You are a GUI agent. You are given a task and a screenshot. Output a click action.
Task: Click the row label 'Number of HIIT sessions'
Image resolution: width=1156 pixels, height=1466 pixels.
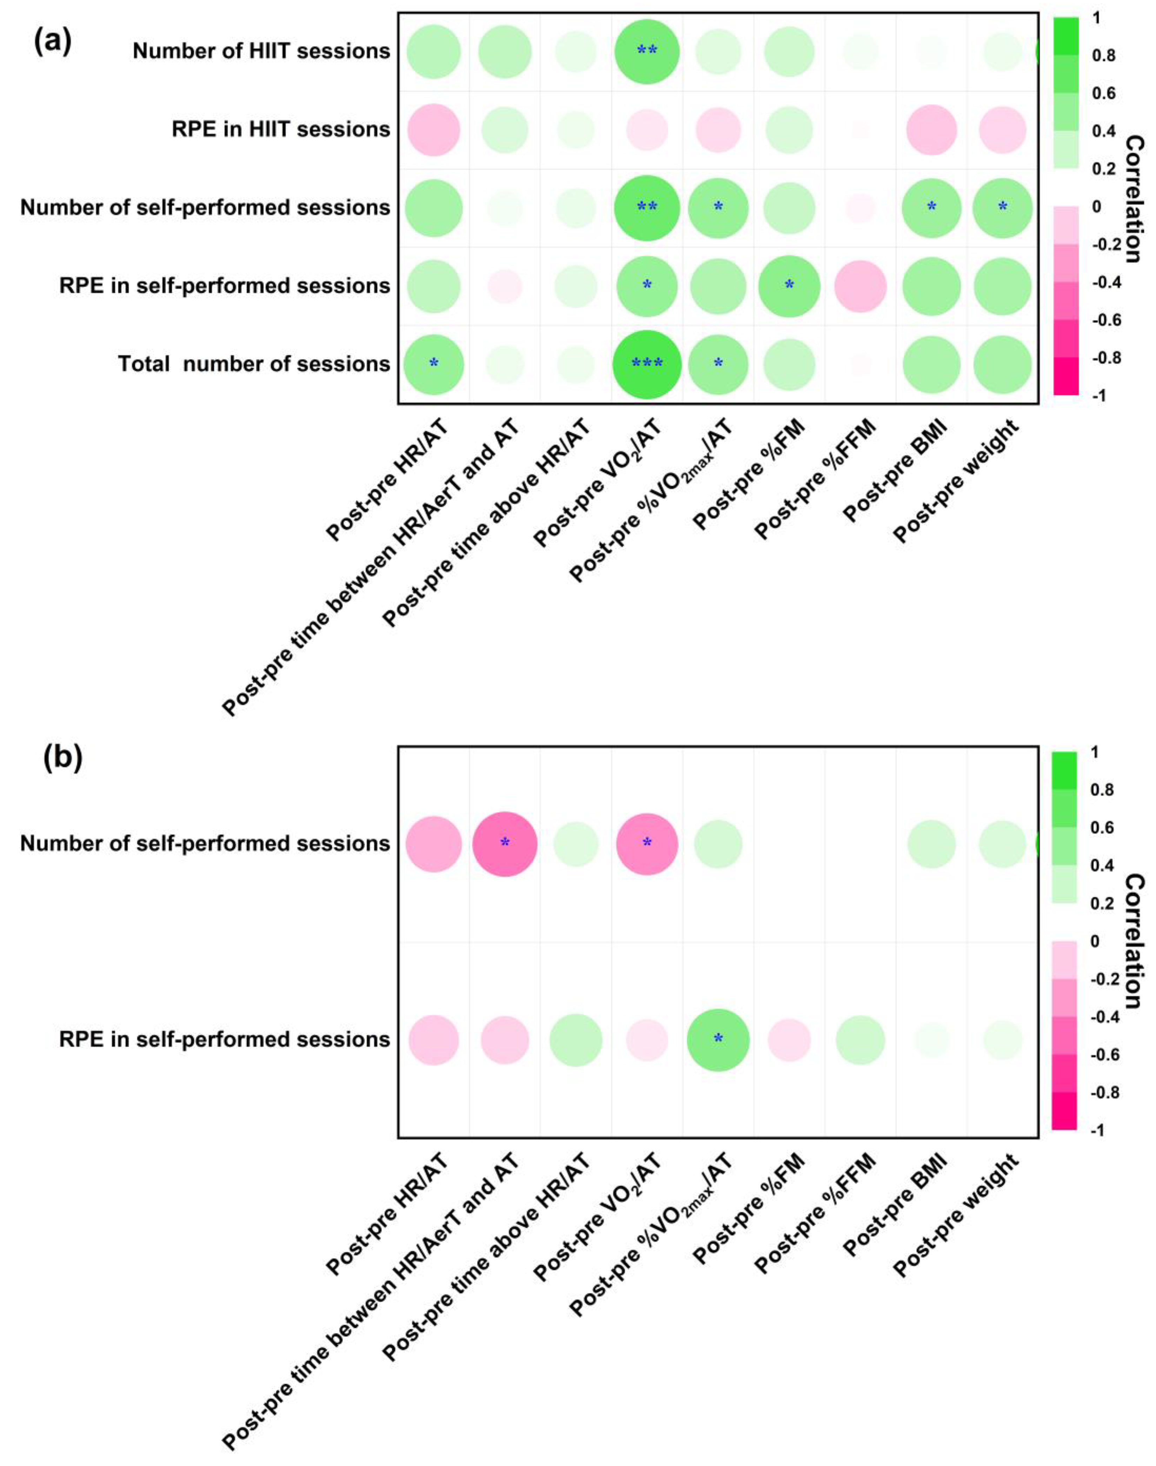pos(261,52)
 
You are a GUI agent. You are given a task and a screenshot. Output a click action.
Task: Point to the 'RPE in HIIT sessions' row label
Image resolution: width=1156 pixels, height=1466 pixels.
pos(281,129)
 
